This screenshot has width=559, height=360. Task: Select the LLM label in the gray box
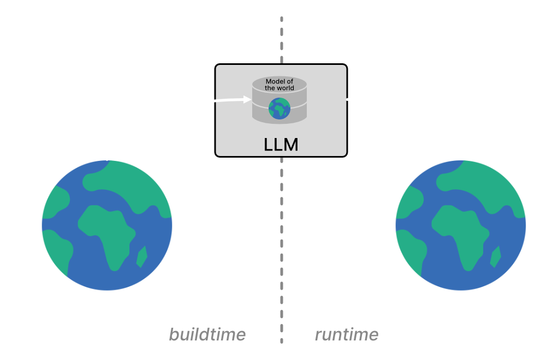pos(281,145)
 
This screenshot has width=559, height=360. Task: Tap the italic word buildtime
pos(207,334)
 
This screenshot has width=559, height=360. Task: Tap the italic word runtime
pos(347,334)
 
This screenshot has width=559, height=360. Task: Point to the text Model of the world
pos(279,85)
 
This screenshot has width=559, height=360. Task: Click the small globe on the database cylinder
pos(279,108)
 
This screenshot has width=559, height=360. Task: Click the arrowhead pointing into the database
pos(247,99)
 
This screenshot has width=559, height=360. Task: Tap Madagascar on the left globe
pos(141,257)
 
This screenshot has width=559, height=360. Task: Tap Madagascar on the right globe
pos(495,257)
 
